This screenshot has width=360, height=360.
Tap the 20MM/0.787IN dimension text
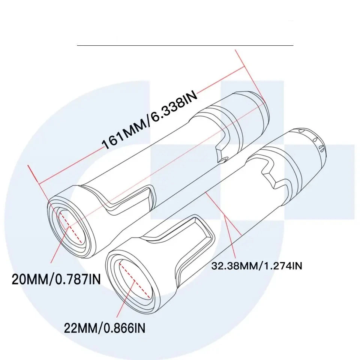pos(56,279)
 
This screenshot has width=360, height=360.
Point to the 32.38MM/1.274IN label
pos(257,266)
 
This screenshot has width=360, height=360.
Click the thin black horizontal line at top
pos(185,45)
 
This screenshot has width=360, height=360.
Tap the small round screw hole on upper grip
pos(224,160)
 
